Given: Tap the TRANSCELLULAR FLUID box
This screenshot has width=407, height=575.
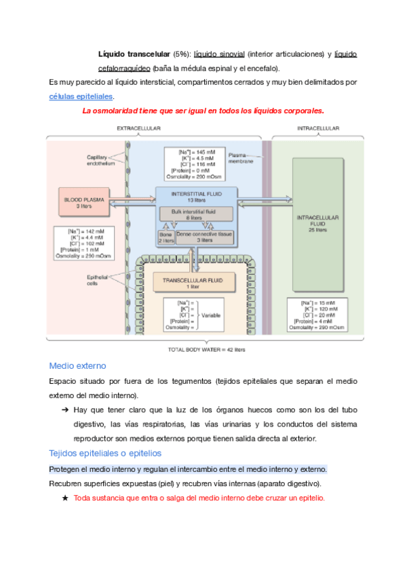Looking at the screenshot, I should pos(193,282).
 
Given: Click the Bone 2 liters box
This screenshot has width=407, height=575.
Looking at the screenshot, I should pos(166,237).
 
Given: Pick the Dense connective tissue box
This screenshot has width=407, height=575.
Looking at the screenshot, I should pos(204,237).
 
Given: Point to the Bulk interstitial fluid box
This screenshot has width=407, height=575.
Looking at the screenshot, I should pos(196,214).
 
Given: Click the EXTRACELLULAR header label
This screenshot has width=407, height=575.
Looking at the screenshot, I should pos(138,128).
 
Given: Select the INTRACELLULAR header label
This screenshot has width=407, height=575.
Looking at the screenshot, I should pos(318,128).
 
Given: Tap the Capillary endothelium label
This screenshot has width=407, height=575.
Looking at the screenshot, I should pos(100,160).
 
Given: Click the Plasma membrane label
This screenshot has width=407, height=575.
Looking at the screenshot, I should pos(241,158).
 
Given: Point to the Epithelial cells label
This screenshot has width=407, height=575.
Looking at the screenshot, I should pos(98,279).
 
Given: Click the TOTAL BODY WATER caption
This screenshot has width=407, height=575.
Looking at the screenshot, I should pos(206,350).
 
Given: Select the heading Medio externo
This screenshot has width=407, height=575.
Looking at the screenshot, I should pos(77,366).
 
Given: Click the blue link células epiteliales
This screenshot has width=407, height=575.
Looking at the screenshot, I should pos(81,97).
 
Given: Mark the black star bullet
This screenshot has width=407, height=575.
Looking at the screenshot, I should pos(65,498).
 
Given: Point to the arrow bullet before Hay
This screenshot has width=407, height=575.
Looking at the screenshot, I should pos(65,410).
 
